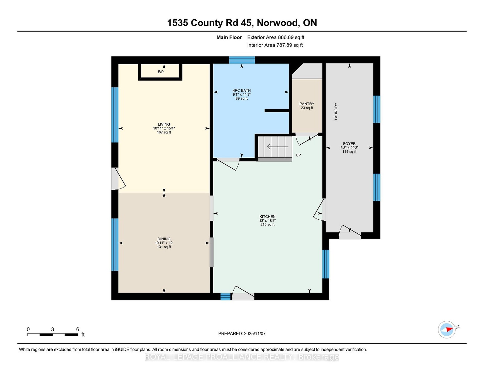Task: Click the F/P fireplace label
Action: click(161, 72)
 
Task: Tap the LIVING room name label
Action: click(164, 124)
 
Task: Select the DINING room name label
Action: click(164, 239)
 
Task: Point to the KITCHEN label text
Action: click(268, 217)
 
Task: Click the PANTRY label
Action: click(307, 104)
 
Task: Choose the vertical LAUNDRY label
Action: click(336, 111)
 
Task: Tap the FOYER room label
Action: click(349, 144)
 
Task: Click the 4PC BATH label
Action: click(242, 91)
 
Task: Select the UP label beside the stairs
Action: click(298, 155)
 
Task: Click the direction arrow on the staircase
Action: click(278, 147)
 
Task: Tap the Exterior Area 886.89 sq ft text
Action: click(276, 37)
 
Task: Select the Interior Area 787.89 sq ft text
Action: click(275, 45)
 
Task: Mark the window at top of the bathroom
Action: click(242, 60)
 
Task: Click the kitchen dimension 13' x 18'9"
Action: click(268, 220)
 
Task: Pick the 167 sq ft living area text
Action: click(164, 132)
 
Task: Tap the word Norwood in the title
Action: click(278, 23)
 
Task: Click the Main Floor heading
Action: click(229, 37)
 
